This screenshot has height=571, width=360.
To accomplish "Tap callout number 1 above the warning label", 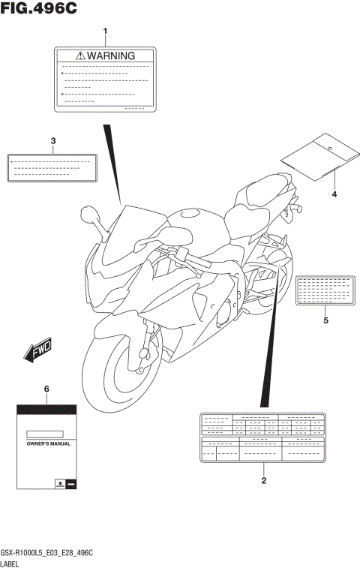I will pos(106,32).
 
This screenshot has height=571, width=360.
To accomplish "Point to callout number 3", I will pos(53,141).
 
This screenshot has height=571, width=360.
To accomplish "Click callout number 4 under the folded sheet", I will pos(334,195).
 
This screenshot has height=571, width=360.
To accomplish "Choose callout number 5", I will pos(325,320).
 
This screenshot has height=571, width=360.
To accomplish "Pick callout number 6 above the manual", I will pos(46,389).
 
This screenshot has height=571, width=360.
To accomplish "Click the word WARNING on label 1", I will pos(111,56).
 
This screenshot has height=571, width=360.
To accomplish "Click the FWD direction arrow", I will pos(37,348).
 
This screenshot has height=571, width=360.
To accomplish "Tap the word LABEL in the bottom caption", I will pos(13,563).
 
